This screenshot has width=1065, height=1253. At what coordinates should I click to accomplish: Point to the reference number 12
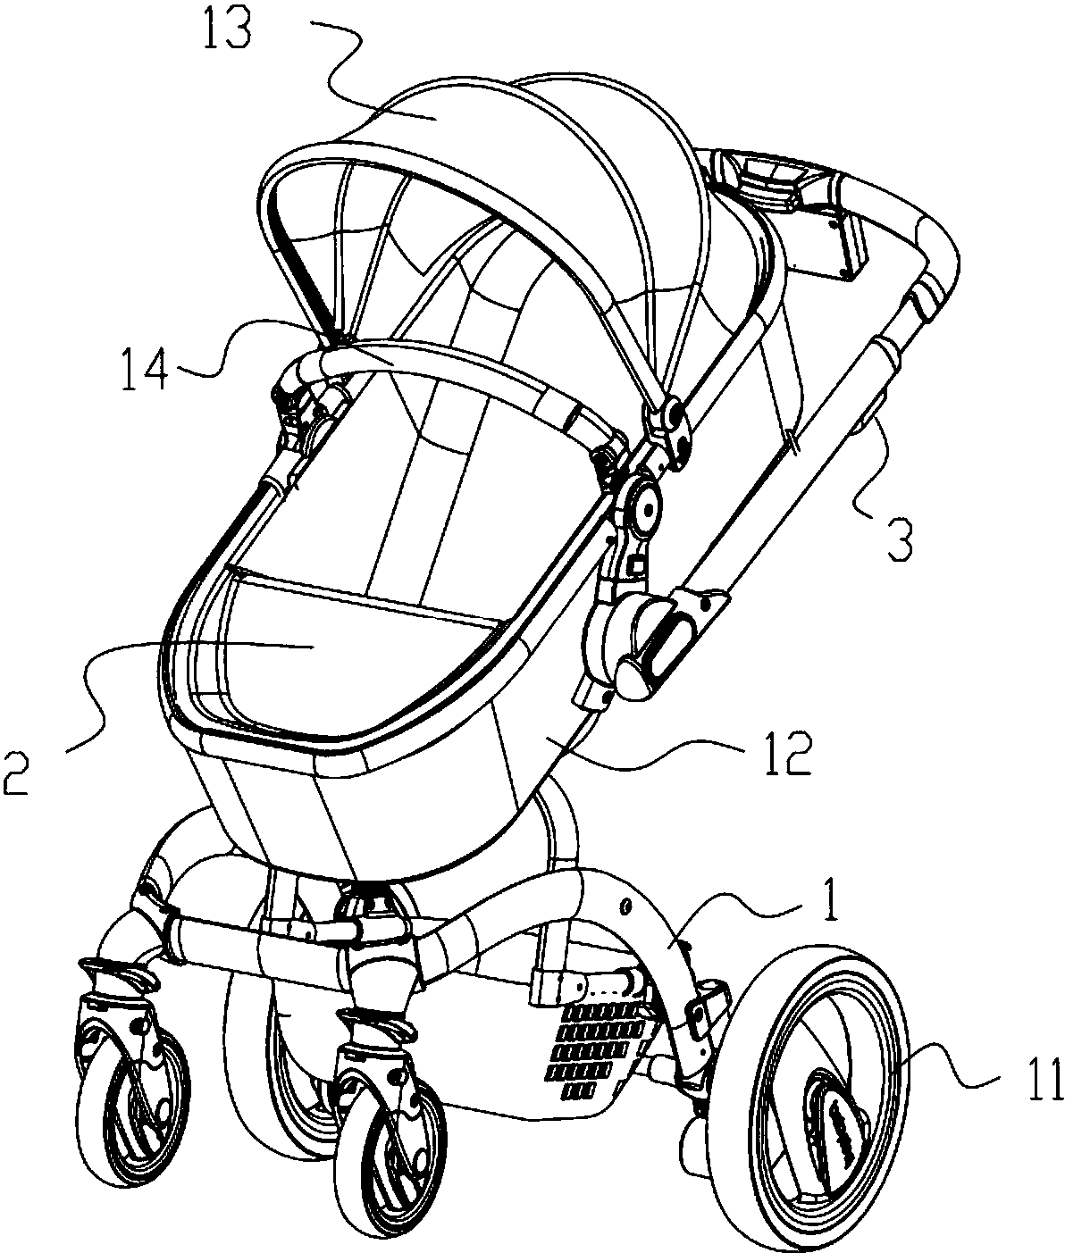click(786, 756)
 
